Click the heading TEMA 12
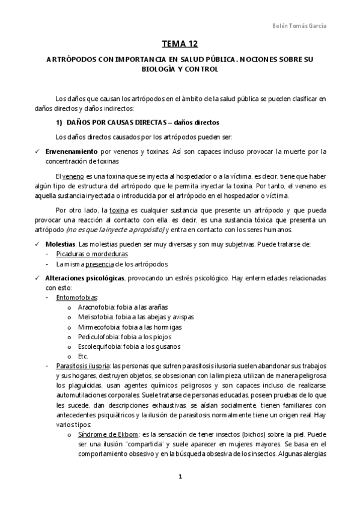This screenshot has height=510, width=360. [x=180, y=44]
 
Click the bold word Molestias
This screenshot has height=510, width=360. [x=61, y=245]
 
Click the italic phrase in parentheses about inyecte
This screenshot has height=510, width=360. [x=115, y=230]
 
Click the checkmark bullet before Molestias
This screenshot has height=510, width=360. [x=37, y=245]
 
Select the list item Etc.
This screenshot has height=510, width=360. [x=83, y=356]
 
